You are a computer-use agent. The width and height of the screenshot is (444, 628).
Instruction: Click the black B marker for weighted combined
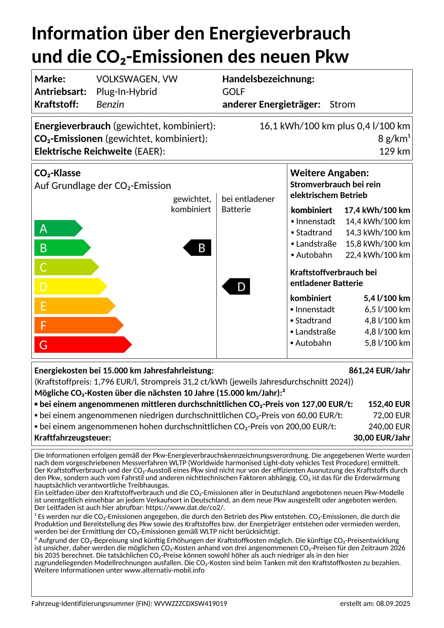198,248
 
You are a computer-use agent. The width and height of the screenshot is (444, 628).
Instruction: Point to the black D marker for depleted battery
237,286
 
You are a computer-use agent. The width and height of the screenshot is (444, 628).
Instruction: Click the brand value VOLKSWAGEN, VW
137,79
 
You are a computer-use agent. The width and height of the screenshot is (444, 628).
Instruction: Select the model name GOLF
234,92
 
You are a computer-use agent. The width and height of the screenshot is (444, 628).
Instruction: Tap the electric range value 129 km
394,151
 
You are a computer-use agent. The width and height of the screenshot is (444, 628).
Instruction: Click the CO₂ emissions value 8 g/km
394,139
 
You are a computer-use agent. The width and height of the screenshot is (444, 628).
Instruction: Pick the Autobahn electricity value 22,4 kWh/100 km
378,255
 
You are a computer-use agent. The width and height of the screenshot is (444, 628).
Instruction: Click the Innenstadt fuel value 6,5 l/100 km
387,310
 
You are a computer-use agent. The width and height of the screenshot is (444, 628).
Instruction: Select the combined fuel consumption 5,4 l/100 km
387,298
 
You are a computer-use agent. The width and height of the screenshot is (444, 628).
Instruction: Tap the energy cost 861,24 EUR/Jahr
379,371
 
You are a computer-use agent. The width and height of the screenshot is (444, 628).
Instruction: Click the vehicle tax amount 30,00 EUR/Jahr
381,438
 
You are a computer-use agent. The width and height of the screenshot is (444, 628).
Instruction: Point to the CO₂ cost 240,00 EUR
389,427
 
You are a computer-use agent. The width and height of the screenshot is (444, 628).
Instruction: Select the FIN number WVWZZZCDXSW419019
191,604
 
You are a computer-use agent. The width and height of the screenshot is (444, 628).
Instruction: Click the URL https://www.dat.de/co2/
185,508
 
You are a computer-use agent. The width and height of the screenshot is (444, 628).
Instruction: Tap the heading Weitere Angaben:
329,173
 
